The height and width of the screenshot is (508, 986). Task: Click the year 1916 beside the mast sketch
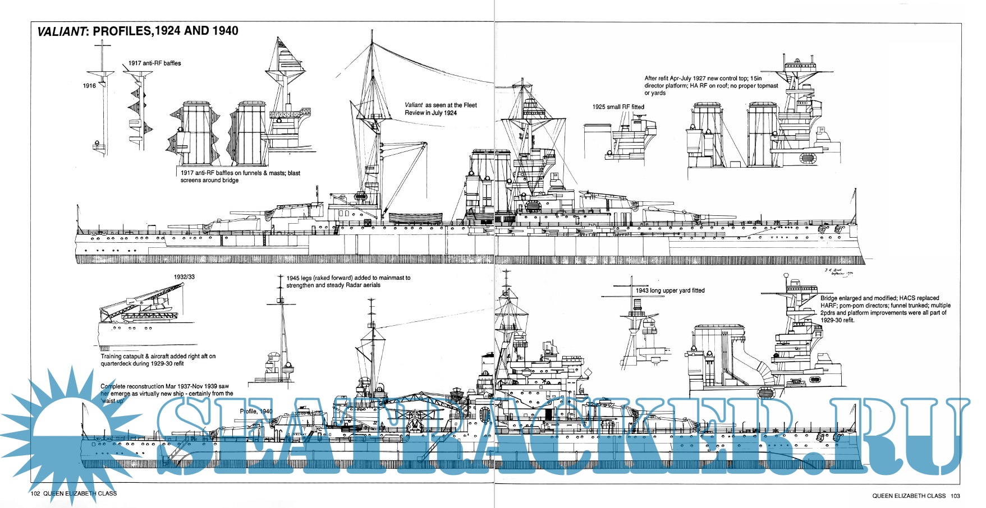pos(89,86)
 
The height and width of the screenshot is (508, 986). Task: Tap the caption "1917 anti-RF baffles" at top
pos(154,63)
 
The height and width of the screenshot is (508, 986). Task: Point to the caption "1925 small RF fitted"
pos(618,107)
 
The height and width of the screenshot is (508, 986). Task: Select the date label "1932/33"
pos(184,277)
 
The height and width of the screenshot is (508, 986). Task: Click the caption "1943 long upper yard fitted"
pos(669,290)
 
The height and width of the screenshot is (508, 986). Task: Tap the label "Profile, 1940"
pos(256,412)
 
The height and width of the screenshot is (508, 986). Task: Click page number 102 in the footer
pos(35,494)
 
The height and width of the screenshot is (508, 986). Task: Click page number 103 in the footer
pos(955,496)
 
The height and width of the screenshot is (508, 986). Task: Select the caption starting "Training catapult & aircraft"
pos(158,360)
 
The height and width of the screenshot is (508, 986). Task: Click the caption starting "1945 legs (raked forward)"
pos(348,281)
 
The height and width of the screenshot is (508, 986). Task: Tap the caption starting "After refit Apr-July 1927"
pos(710,86)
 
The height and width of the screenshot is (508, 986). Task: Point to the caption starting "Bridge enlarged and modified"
pos(885,309)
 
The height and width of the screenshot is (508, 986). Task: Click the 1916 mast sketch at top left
pos(102,101)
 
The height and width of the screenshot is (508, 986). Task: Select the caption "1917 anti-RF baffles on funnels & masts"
pos(240,177)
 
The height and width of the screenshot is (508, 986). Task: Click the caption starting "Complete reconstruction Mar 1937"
pos(164,394)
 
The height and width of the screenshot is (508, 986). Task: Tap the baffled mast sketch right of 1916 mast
pos(138,109)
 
